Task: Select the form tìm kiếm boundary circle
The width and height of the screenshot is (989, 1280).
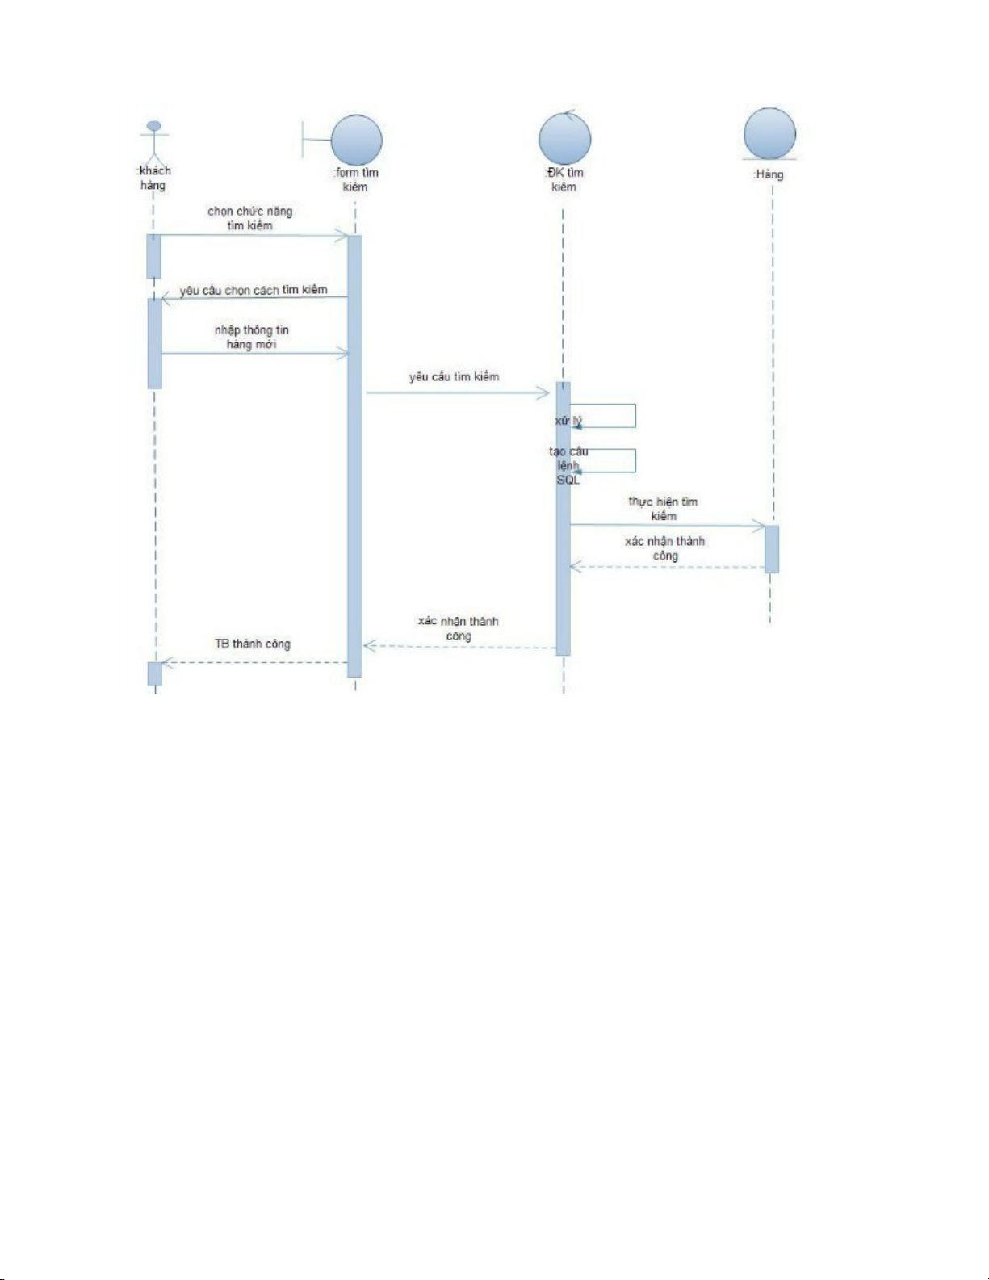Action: [x=356, y=140]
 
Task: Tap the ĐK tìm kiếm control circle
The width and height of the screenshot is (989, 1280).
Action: [x=565, y=137]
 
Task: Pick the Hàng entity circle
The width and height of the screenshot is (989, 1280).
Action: [x=769, y=133]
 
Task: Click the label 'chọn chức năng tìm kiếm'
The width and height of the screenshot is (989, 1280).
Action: [x=249, y=218]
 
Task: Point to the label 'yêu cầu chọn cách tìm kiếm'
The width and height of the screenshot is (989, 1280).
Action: [x=254, y=290]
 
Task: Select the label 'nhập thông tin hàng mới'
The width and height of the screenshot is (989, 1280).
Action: [x=251, y=337]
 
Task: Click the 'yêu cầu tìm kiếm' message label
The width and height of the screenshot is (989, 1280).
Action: [x=454, y=376]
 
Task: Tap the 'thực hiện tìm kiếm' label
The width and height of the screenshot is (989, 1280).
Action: [x=663, y=509]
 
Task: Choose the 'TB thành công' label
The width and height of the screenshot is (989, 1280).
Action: [x=252, y=644]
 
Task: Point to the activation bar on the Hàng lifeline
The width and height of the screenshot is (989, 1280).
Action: [x=772, y=549]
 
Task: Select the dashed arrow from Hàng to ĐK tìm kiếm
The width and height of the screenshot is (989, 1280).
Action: [x=667, y=567]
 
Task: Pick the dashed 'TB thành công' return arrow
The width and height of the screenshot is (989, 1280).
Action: [x=254, y=663]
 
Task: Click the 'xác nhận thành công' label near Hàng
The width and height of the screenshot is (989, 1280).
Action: [x=664, y=548]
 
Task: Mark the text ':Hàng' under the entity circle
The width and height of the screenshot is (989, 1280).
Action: [x=768, y=174]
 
